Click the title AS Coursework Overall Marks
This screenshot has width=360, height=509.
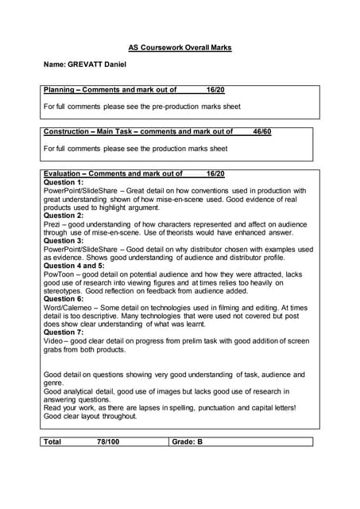tap(180, 48)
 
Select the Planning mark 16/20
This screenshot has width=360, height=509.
tap(215, 90)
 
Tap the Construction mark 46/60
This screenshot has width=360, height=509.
tap(261, 132)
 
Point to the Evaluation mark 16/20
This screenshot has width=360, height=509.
tap(215, 173)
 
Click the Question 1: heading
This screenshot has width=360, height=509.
tap(63, 182)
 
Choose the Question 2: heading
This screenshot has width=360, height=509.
tap(63, 216)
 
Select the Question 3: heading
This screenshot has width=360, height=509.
tap(63, 240)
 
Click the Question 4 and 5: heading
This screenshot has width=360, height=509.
tap(74, 266)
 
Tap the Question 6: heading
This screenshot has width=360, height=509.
tap(63, 299)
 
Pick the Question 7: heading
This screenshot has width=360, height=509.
tap(63, 332)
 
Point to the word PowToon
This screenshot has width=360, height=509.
tap(58, 274)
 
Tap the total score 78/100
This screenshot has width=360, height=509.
tap(108, 441)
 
